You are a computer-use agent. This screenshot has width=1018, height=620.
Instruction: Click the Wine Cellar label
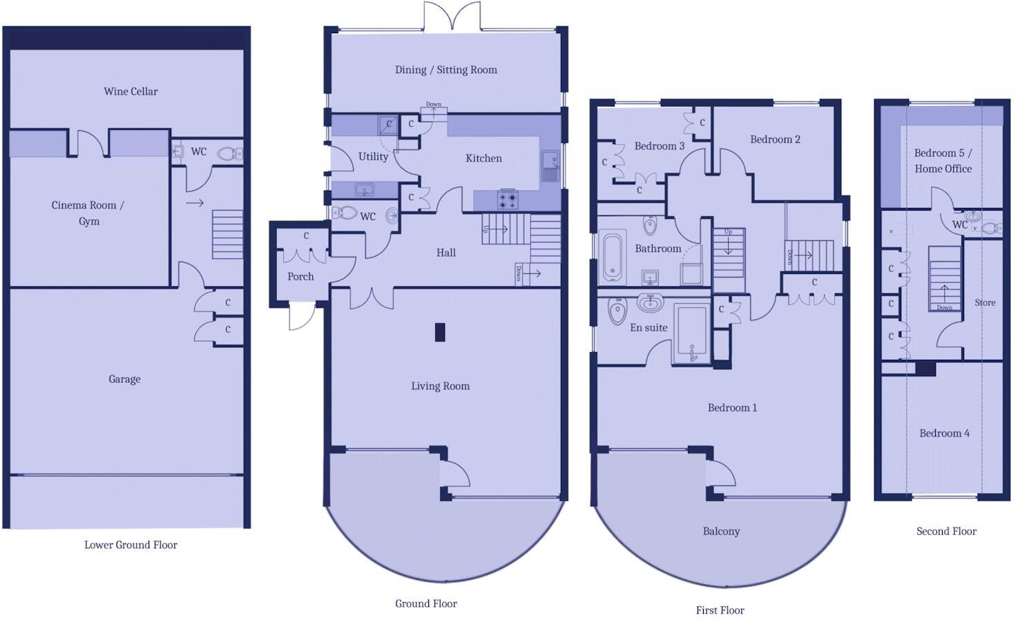(131, 91)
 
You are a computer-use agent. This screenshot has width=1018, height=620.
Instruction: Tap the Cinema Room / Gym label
(88, 213)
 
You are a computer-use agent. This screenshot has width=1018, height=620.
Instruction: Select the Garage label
(124, 379)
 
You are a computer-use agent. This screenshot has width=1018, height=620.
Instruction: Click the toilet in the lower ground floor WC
(227, 153)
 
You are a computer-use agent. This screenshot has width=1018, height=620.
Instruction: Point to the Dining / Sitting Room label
(445, 70)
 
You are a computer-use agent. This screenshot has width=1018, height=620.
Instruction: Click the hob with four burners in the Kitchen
(508, 200)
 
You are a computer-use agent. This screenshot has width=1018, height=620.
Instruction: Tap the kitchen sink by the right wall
(550, 166)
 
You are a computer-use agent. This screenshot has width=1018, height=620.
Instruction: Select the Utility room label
(373, 157)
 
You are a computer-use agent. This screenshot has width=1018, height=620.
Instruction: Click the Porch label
(300, 276)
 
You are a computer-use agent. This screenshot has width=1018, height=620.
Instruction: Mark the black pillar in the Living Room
(440, 332)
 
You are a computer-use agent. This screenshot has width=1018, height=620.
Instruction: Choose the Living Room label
(440, 386)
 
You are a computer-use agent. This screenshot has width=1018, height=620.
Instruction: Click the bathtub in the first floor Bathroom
(614, 258)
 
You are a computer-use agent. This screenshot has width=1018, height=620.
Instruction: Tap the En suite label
(649, 328)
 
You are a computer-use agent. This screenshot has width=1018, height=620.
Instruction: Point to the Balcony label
(721, 531)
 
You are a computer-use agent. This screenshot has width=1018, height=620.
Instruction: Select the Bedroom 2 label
(775, 139)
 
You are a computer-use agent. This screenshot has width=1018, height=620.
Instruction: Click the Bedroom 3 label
(659, 146)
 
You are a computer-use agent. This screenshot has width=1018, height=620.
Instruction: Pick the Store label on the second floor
(985, 302)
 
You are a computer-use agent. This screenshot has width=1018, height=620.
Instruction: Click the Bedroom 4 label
(944, 433)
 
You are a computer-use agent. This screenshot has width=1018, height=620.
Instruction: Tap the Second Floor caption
(946, 531)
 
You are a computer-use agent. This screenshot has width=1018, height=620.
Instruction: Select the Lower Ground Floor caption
(131, 545)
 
